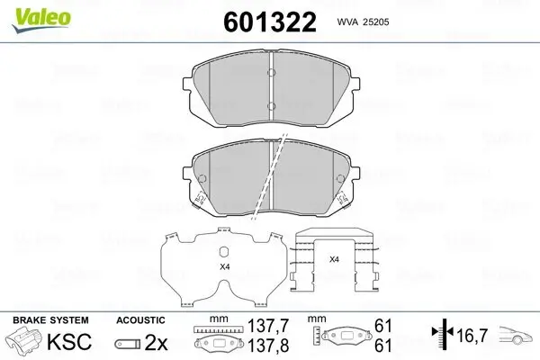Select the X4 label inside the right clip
[333, 259]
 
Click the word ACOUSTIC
[140, 320]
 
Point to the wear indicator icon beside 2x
[129, 344]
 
